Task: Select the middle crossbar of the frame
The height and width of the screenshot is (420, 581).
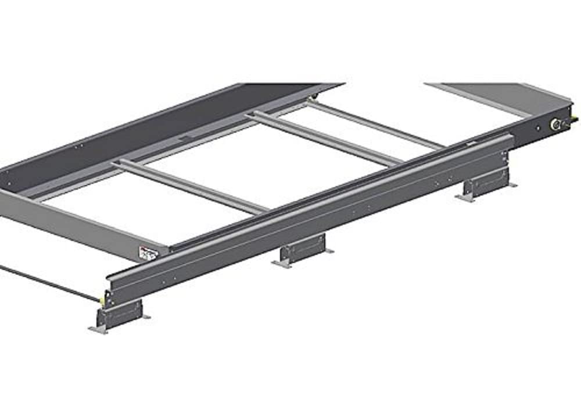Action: coord(325,138)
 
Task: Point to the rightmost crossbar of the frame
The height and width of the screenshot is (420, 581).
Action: coord(378,124)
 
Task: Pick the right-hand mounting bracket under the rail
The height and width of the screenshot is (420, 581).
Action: coord(485,184)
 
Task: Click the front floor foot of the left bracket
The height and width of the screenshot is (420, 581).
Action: coord(98,330)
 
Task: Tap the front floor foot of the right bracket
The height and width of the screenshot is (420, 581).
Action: coord(465,198)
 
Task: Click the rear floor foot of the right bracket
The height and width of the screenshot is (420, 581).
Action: coord(512,185)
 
